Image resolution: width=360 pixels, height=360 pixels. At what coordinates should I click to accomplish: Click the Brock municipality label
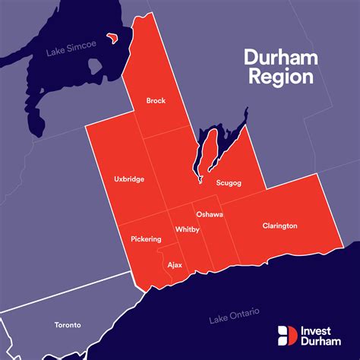(x=155, y=100)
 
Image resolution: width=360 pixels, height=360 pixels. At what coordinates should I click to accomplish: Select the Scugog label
(x=229, y=183)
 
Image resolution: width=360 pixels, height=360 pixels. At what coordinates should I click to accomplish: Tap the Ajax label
(x=174, y=266)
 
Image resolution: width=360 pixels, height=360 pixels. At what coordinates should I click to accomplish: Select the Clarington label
(x=279, y=226)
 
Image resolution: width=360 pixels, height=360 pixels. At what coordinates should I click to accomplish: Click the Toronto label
(x=68, y=325)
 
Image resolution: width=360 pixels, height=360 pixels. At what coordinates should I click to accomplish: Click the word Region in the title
(x=278, y=77)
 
